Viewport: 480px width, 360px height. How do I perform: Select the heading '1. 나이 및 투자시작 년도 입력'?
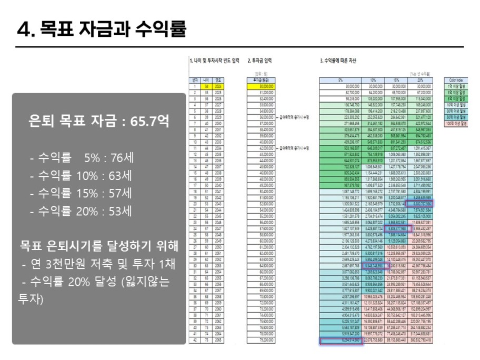(x=215, y=61)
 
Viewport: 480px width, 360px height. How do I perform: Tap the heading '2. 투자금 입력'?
(x=260, y=61)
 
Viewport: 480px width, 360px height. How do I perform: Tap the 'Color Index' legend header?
(x=455, y=80)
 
